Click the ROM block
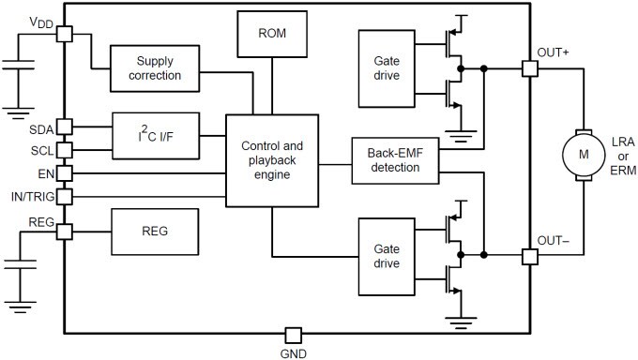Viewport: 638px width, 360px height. click(272, 35)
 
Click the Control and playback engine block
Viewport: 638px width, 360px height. click(272, 160)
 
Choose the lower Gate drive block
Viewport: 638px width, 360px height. click(386, 256)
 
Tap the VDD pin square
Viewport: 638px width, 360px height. click(64, 34)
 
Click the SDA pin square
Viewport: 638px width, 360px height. click(64, 127)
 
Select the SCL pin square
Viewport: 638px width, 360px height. click(64, 149)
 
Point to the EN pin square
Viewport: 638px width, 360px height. click(64, 172)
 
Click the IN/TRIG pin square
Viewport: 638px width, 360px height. click(64, 197)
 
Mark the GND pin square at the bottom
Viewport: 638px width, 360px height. click(294, 335)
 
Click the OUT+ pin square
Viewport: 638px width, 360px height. click(529, 68)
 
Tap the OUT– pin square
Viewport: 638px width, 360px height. click(529, 256)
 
